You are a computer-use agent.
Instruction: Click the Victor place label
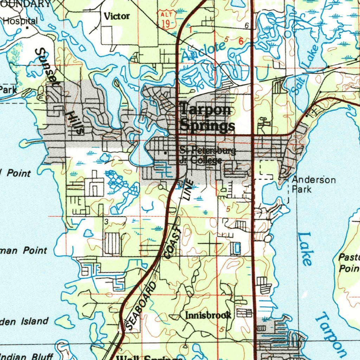click(117, 16)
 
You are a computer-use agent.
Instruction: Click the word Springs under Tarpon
click(207, 126)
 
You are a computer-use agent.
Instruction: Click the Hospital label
click(20, 21)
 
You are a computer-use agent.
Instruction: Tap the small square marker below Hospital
click(27, 27)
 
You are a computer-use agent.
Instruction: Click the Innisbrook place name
click(208, 315)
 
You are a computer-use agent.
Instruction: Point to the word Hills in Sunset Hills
click(75, 121)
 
